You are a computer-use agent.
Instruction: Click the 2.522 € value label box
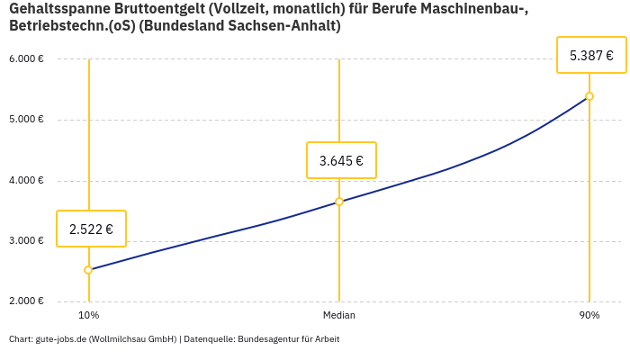coord(91,229)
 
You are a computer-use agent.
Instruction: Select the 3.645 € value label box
coord(341,160)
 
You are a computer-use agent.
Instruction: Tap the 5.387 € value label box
coord(591,55)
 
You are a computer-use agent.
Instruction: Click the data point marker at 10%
coord(88,270)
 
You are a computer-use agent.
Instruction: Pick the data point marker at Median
coord(339,202)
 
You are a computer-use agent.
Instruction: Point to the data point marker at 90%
coord(589,96)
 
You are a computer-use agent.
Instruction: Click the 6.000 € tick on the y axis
coord(26,59)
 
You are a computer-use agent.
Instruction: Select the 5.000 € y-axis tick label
coord(26,120)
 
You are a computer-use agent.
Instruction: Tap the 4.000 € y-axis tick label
coord(26,180)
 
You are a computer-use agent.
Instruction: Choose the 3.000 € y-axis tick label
coord(26,241)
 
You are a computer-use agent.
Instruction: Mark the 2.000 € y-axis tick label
coord(26,301)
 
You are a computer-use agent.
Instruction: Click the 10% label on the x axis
coord(88,316)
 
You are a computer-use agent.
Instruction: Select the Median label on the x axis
coord(339,316)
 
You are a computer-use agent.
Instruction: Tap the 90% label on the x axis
coord(589,316)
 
